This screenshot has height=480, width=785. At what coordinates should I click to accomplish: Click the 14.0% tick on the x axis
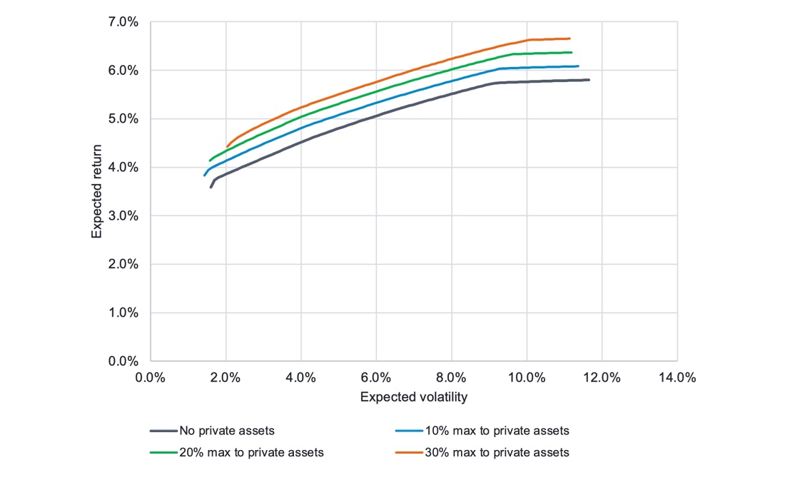(x=677, y=377)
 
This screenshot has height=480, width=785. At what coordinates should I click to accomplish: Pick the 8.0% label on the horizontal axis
(x=451, y=377)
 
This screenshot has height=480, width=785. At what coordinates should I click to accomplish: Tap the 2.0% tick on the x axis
(x=226, y=377)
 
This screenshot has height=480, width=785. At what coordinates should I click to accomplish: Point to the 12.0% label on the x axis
(x=602, y=377)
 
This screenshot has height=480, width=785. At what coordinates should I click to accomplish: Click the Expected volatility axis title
(x=414, y=396)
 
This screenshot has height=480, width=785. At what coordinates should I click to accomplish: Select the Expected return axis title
(x=96, y=191)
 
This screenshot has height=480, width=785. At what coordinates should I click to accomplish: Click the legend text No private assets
(x=227, y=431)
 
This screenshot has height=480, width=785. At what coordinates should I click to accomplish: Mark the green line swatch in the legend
(x=163, y=452)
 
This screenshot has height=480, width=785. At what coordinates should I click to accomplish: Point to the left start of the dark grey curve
(x=211, y=187)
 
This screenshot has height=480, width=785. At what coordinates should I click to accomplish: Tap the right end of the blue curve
(x=578, y=66)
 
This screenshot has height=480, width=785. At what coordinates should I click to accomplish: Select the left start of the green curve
(x=210, y=160)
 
